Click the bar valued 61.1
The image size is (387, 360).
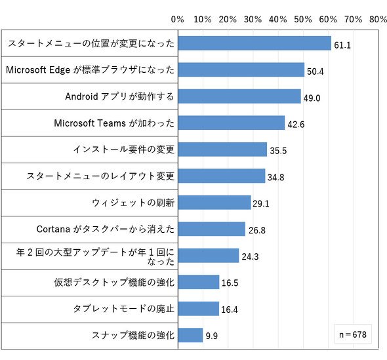click(255, 43)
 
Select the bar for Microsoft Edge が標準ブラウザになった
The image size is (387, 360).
click(241, 70)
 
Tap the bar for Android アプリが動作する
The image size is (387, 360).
click(239, 96)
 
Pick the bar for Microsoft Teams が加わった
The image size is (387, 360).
click(232, 123)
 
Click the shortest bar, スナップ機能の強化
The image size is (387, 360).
click(190, 335)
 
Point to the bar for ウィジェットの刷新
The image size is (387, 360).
click(214, 203)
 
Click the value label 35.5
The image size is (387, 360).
click(278, 151)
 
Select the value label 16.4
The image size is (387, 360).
click(230, 310)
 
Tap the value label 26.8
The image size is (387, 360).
click(257, 230)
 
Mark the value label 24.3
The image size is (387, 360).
click(250, 256)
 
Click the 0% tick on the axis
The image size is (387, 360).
click(178, 19)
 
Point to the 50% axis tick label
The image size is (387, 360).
click(303, 19)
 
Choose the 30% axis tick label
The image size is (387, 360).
click(253, 19)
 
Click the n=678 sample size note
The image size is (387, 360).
click(353, 334)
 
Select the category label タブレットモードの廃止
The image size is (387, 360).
click(124, 309)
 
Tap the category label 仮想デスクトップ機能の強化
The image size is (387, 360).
click(114, 282)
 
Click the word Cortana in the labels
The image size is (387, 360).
click(53, 230)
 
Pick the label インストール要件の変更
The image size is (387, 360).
click(124, 150)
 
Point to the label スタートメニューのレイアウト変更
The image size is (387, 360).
click(100, 176)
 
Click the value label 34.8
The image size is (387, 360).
click(275, 177)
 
